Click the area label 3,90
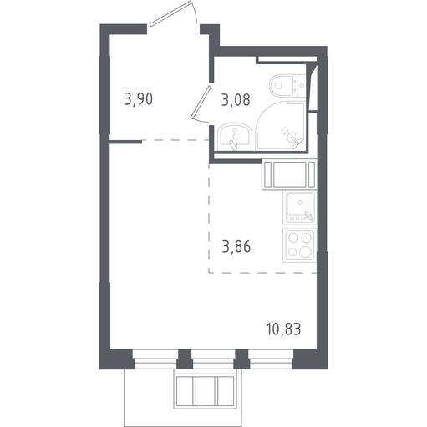pyautogui.click(x=139, y=99)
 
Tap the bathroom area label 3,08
pyautogui.click(x=236, y=100)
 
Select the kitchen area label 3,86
pyautogui.click(x=236, y=247)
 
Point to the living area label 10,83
pyautogui.click(x=283, y=329)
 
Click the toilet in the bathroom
pyautogui.click(x=287, y=86)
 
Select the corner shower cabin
pyautogui.click(x=280, y=126)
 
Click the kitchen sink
pyautogui.click(x=300, y=207)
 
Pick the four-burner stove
pyautogui.click(x=299, y=245)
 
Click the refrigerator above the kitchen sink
pyautogui.click(x=289, y=174)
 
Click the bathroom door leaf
pyautogui.click(x=201, y=102)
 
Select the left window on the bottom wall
pyautogui.click(x=155, y=359)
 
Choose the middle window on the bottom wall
pyautogui.click(x=213, y=359)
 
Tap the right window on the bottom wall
pyautogui.click(x=271, y=359)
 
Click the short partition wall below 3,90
pyautogui.click(x=126, y=142)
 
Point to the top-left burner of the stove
pyautogui.click(x=292, y=237)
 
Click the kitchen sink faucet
pyautogui.click(x=308, y=215)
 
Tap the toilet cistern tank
pyautogui.click(x=300, y=86)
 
